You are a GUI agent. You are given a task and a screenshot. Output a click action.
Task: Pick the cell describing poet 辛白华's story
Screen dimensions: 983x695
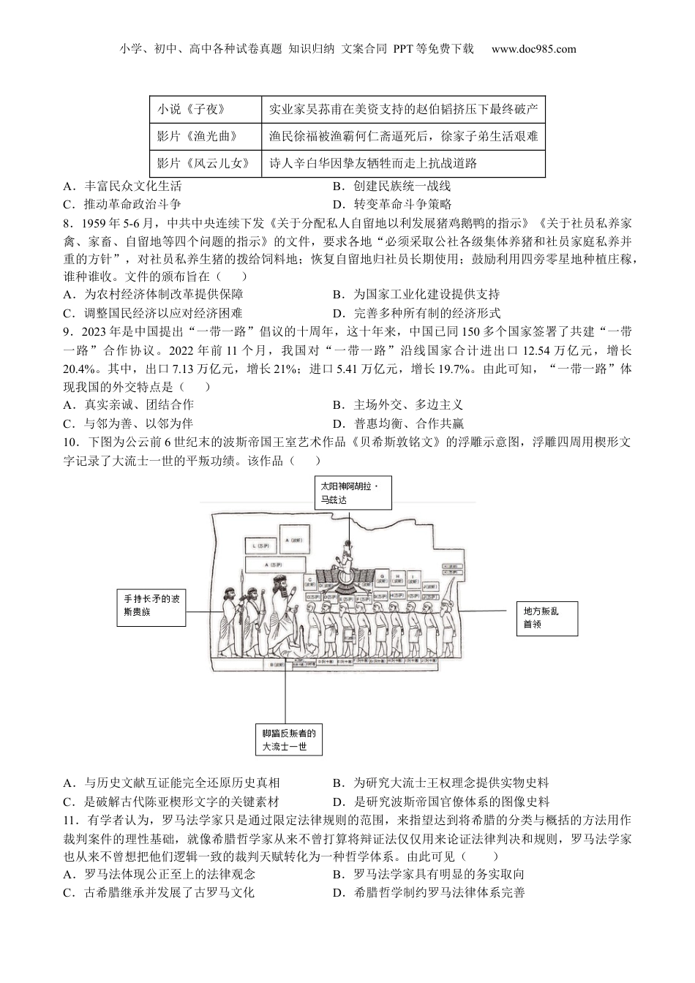(x=402, y=163)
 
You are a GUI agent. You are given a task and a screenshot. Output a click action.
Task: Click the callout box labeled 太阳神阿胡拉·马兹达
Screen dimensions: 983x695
(x=350, y=493)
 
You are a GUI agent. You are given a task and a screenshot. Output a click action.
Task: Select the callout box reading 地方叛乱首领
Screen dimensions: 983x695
(x=546, y=618)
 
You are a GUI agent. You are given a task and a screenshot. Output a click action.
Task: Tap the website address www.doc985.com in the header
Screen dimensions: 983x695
(x=534, y=50)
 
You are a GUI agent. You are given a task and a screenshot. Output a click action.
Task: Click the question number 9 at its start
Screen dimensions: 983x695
(x=68, y=332)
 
